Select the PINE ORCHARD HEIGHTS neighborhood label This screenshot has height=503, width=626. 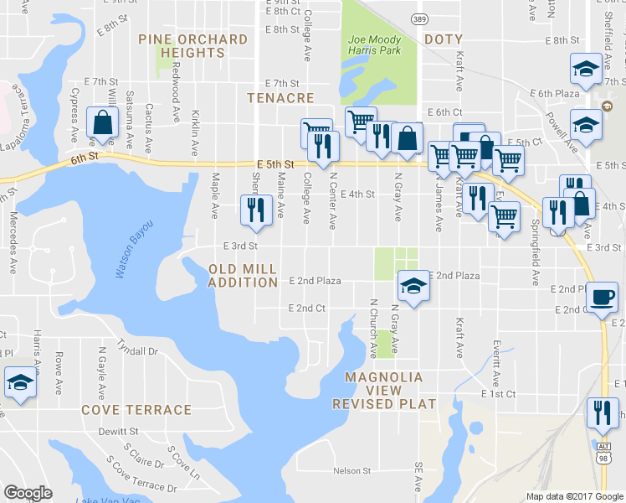tap(192, 46)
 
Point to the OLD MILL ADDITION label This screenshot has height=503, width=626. tap(243, 276)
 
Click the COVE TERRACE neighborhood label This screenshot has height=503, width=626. tap(136, 410)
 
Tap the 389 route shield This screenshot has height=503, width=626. tap(418, 18)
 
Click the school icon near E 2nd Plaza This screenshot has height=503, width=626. tap(411, 286)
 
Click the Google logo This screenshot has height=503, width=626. tap(28, 492)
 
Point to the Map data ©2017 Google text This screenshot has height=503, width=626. tap(574, 496)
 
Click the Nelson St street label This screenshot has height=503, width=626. tap(351, 471)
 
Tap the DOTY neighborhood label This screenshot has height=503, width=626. tap(443, 39)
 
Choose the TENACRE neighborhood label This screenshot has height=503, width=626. tap(280, 98)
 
